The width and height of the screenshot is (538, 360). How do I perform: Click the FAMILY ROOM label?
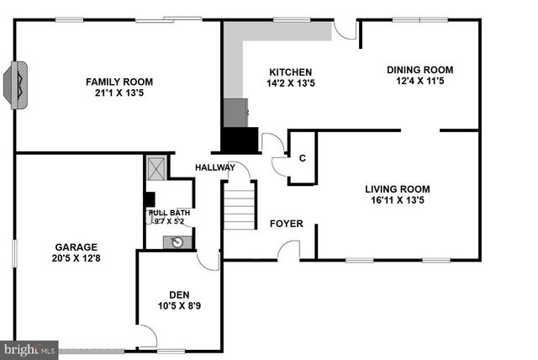point(119,82)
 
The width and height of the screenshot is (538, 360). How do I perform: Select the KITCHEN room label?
point(290,72)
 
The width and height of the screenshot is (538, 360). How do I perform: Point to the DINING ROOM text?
point(419,70)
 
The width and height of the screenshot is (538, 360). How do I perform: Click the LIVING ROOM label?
point(397,189)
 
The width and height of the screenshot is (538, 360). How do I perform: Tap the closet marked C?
point(302,156)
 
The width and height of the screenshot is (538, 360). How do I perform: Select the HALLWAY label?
point(214,167)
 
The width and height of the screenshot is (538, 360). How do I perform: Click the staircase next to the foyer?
point(239,207)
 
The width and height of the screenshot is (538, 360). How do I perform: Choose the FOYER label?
point(286,224)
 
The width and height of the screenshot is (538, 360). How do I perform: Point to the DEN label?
point(179,294)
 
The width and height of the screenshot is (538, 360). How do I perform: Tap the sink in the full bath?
point(177,242)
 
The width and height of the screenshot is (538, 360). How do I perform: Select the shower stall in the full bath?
point(156,167)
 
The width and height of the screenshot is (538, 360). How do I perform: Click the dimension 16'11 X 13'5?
point(397,201)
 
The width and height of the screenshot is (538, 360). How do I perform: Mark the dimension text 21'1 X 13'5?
point(119,93)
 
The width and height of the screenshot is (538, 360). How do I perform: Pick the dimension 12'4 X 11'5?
point(419,82)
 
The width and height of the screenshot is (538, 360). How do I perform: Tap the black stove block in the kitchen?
point(240,139)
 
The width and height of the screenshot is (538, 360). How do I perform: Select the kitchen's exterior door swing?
point(345,29)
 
